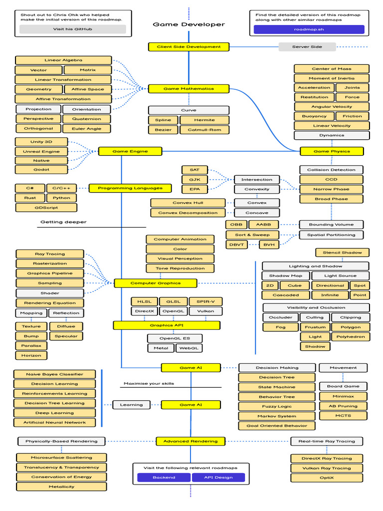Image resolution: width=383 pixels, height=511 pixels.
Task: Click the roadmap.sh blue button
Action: click(309, 29)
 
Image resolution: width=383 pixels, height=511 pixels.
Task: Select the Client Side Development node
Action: click(189, 47)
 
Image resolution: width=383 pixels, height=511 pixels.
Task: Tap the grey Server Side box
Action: click(307, 47)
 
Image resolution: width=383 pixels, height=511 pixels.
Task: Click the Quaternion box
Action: click(87, 119)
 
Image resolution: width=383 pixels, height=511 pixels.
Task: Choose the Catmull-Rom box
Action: click(204, 130)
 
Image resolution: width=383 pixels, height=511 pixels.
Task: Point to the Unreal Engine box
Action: click(41, 152)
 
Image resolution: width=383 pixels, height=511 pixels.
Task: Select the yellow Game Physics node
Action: click(332, 151)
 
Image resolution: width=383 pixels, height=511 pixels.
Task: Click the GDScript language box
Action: click(46, 208)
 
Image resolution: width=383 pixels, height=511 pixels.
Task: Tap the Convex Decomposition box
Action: click(188, 213)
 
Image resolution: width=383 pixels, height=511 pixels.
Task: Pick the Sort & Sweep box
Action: click(252, 235)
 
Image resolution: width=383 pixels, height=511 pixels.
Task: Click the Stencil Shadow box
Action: click(342, 253)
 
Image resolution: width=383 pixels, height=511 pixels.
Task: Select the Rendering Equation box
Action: click(50, 303)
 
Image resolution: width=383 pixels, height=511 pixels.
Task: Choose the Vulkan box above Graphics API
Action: click(205, 311)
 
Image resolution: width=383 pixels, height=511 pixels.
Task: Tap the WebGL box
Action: click(189, 348)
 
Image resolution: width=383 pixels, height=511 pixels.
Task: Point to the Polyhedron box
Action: click(351, 337)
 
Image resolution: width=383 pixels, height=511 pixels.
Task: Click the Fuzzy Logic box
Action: click(277, 406)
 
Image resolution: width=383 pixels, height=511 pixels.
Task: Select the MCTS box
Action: click(343, 416)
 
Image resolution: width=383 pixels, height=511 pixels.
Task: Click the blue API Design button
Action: click(218, 478)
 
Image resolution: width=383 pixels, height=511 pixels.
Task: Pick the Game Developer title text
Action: click(189, 24)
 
